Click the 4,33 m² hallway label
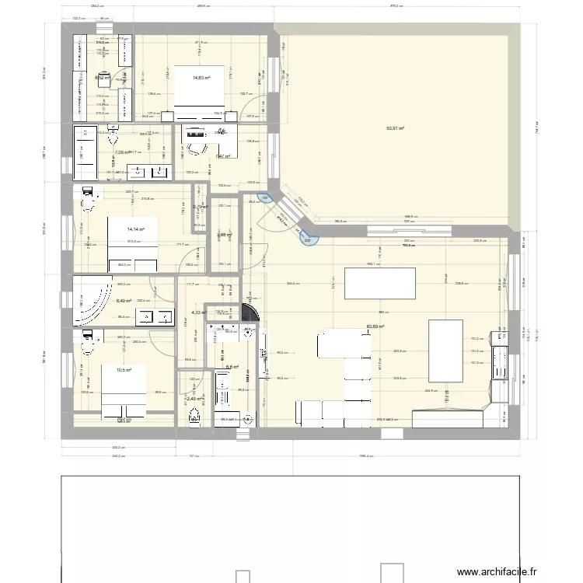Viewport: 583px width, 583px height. [197, 313]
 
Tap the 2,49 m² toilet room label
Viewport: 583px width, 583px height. [194, 399]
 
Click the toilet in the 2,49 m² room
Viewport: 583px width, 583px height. [193, 416]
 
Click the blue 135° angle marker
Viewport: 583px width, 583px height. [264, 199]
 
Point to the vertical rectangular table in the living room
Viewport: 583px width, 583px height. [445, 350]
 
